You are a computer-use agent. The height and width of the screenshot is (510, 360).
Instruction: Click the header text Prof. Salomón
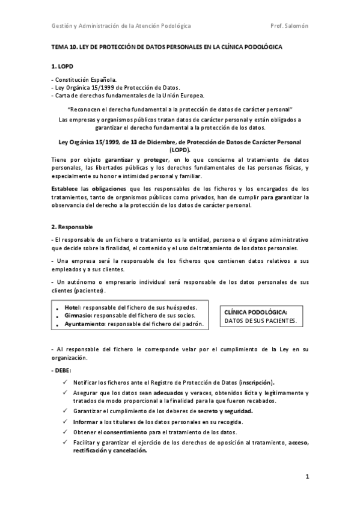[290, 26]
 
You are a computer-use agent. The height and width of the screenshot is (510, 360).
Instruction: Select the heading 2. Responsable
[72, 226]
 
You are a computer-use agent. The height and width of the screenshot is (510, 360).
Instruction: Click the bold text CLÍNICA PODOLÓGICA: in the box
[255, 313]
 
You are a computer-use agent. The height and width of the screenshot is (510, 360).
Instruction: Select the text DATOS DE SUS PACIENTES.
[260, 322]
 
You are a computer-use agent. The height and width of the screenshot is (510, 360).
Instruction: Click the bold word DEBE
[63, 370]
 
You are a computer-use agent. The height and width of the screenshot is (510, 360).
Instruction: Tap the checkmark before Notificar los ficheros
[65, 382]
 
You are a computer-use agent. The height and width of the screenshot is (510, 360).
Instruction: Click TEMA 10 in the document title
[63, 46]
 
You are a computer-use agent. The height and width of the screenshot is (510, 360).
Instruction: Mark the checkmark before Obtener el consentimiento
[65, 432]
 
